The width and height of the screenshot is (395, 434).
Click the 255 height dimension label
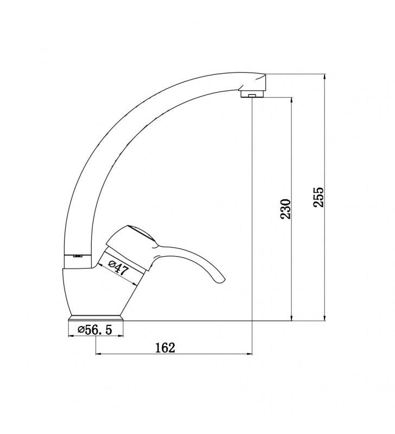(318, 197)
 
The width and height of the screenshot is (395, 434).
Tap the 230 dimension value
(285, 209)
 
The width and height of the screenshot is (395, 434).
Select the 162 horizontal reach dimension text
(165, 348)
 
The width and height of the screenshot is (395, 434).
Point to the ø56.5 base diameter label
(95, 330)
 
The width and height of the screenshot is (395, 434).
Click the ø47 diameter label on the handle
(118, 267)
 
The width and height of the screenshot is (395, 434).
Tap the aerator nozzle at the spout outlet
(252, 94)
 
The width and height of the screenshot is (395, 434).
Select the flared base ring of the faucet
(96, 318)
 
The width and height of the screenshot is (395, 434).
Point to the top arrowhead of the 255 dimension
(325, 76)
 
